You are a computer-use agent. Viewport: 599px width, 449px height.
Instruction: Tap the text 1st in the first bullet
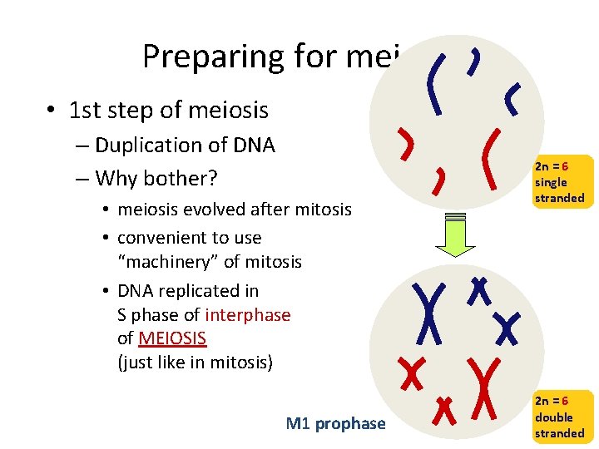(x=85, y=110)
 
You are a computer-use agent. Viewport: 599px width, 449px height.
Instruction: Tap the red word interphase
(x=248, y=315)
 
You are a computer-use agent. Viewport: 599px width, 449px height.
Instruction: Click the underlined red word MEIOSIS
(x=172, y=339)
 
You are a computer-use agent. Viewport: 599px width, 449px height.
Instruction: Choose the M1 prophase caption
(x=335, y=424)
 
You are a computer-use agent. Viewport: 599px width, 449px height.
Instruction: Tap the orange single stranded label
(x=559, y=181)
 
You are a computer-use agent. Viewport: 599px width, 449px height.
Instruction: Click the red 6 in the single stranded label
(x=565, y=166)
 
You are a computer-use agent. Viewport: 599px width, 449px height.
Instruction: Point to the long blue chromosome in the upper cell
(x=433, y=82)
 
